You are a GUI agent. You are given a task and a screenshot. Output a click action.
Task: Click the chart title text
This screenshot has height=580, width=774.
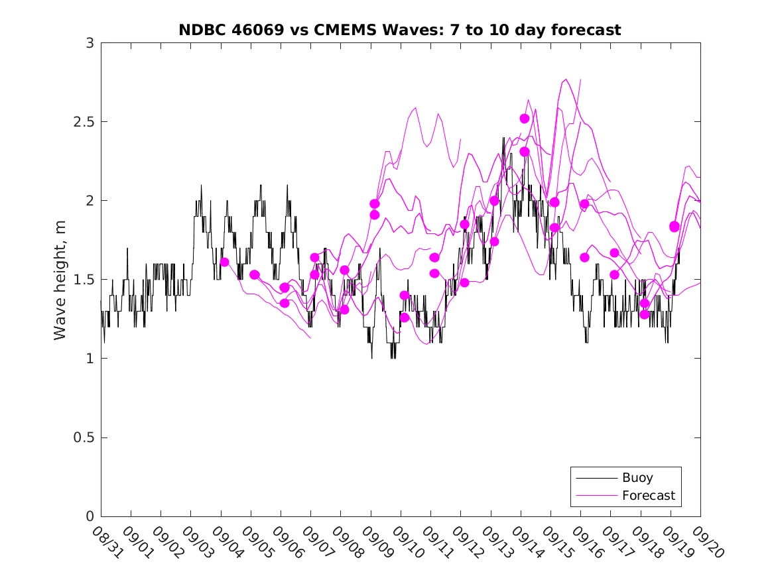pyautogui.click(x=400, y=30)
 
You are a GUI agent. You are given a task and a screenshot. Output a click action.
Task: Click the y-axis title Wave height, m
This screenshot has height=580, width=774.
pyautogui.click(x=60, y=279)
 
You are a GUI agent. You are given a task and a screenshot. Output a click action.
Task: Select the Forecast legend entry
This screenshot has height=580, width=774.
pyautogui.click(x=648, y=495)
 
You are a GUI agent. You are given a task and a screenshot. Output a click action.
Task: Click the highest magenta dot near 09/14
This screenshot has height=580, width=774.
pyautogui.click(x=525, y=119)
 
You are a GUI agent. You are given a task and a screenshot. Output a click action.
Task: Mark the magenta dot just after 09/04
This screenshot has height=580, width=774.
pyautogui.click(x=225, y=262)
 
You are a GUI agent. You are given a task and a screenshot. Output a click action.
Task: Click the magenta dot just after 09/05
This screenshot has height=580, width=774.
pyautogui.click(x=255, y=274)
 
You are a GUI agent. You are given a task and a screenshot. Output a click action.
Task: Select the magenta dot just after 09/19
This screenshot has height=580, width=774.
pyautogui.click(x=675, y=227)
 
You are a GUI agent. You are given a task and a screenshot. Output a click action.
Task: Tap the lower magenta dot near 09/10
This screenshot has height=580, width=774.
pyautogui.click(x=405, y=318)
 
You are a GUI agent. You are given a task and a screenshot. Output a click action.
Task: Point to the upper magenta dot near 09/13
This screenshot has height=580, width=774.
pyautogui.click(x=495, y=201)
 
